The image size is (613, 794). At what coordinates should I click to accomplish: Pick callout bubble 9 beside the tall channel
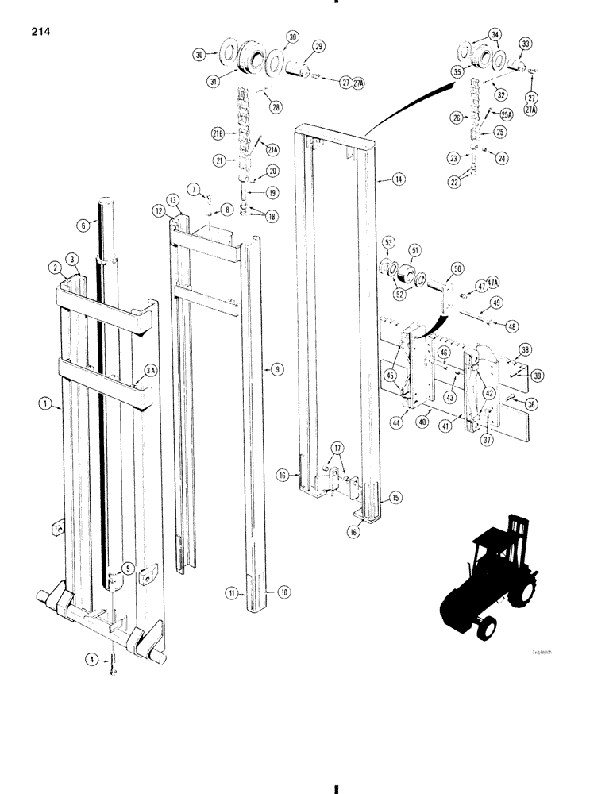pos(276,370)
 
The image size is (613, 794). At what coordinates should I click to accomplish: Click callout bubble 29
pos(318,48)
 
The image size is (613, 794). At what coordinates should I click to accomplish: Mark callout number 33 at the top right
pos(526,43)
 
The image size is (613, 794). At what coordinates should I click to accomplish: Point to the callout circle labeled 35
pos(457,71)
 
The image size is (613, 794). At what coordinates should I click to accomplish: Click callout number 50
pos(457,271)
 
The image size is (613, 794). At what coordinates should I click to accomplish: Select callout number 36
pos(531,403)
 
